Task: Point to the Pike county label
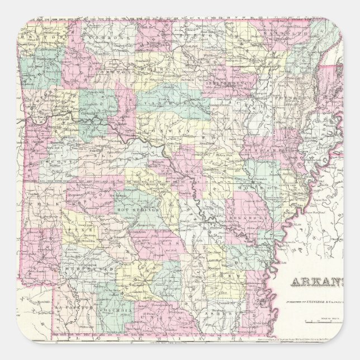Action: click(x=73, y=230)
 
